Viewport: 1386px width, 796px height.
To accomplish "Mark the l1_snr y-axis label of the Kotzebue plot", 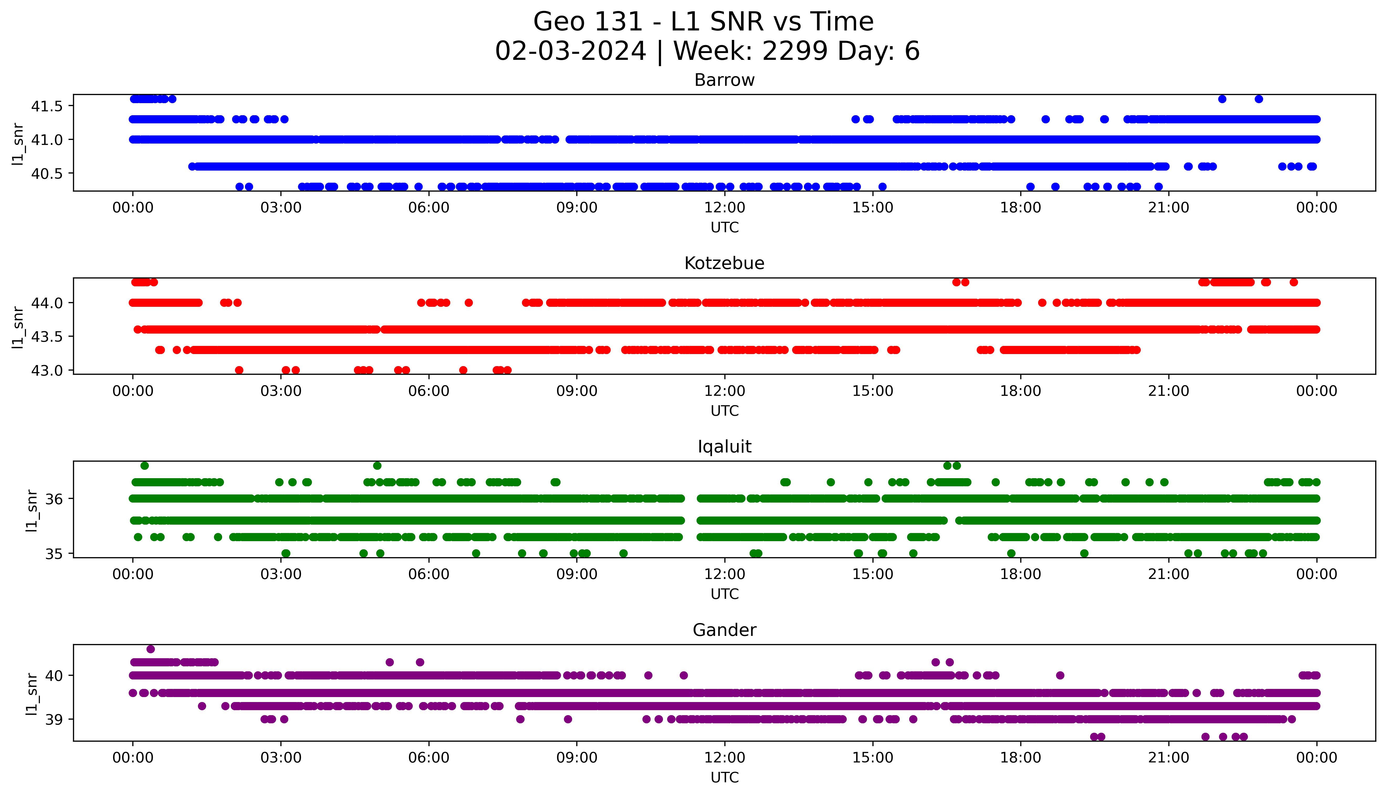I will tap(18, 327).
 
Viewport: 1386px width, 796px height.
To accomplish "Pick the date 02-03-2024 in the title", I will tap(570, 51).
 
